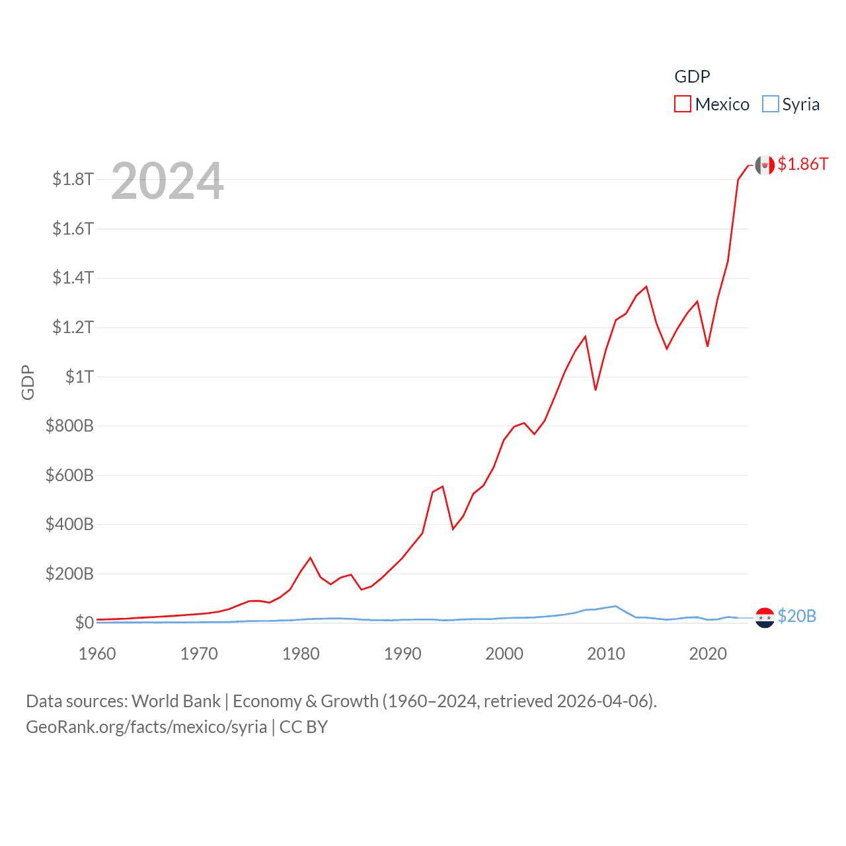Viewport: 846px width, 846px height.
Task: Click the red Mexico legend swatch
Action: coord(682,104)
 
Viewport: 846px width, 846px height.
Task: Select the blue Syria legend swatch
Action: coord(770,104)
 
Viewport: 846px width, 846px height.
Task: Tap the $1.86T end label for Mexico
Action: coord(802,164)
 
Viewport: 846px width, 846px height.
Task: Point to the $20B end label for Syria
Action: coord(796,616)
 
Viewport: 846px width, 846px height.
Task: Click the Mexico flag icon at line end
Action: coord(765,165)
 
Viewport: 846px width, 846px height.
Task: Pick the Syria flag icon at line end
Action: coord(765,617)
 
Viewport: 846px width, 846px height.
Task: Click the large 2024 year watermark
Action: coord(167,181)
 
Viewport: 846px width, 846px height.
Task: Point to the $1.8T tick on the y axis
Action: coord(73,179)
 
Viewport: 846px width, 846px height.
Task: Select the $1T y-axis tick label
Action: coord(79,377)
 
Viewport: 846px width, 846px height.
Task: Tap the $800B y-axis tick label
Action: coord(69,426)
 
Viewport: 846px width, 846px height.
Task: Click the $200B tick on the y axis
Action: coord(69,574)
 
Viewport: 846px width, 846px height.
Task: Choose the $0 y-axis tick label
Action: coord(84,623)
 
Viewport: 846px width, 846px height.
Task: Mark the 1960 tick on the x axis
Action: coord(97,654)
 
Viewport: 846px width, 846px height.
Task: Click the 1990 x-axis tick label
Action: coord(403,654)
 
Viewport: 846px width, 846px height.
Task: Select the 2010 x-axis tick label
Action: coord(606,654)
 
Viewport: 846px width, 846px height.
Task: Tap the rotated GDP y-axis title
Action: coord(28,382)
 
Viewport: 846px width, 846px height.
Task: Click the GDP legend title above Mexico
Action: coord(692,77)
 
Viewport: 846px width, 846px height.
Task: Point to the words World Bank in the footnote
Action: coord(176,701)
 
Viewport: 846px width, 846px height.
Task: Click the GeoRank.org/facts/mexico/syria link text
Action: coord(146,727)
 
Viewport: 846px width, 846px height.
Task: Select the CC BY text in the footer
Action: coord(303,727)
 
